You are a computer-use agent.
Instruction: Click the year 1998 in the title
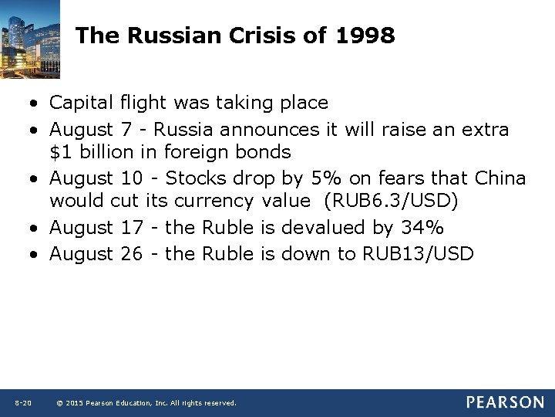point(365,36)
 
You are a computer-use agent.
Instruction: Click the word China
point(499,178)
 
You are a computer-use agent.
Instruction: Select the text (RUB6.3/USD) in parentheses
point(391,202)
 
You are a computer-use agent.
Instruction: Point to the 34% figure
point(423,228)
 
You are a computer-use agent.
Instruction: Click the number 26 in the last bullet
point(132,253)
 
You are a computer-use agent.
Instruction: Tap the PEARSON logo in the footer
point(504,402)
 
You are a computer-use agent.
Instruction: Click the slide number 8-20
point(22,403)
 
